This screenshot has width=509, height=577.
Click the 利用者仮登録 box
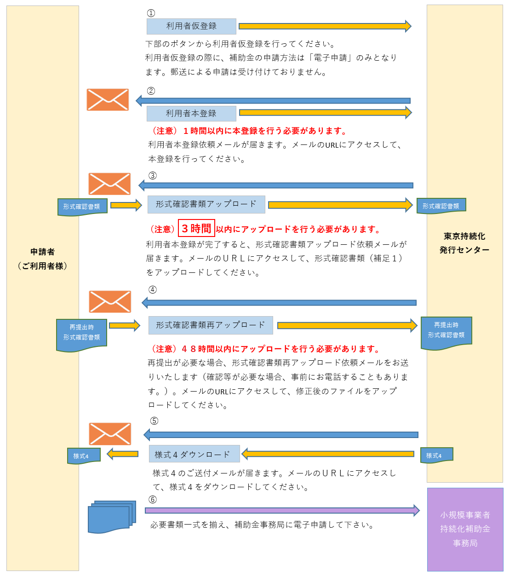(191, 26)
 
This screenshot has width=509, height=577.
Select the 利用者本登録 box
(191, 113)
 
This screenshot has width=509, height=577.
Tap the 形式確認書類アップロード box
(206, 204)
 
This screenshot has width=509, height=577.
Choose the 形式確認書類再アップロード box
(211, 325)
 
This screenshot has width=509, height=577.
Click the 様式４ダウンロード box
(194, 454)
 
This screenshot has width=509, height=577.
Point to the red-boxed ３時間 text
(196, 228)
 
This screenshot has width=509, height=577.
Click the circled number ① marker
(151, 13)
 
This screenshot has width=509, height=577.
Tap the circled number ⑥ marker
(153, 499)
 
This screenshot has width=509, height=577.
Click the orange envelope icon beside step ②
(108, 99)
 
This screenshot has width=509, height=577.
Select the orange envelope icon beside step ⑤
(110, 434)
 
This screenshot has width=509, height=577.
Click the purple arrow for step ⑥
(282, 510)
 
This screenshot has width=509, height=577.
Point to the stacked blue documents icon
(112, 517)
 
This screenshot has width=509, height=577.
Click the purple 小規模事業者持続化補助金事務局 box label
(465, 529)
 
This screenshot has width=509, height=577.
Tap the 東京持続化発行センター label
(464, 243)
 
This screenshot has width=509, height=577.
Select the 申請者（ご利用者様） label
(42, 259)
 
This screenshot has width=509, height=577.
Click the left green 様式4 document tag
(83, 456)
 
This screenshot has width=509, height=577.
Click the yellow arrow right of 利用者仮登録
(325, 26)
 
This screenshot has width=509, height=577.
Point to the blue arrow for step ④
(279, 303)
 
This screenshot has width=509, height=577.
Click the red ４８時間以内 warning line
(265, 349)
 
